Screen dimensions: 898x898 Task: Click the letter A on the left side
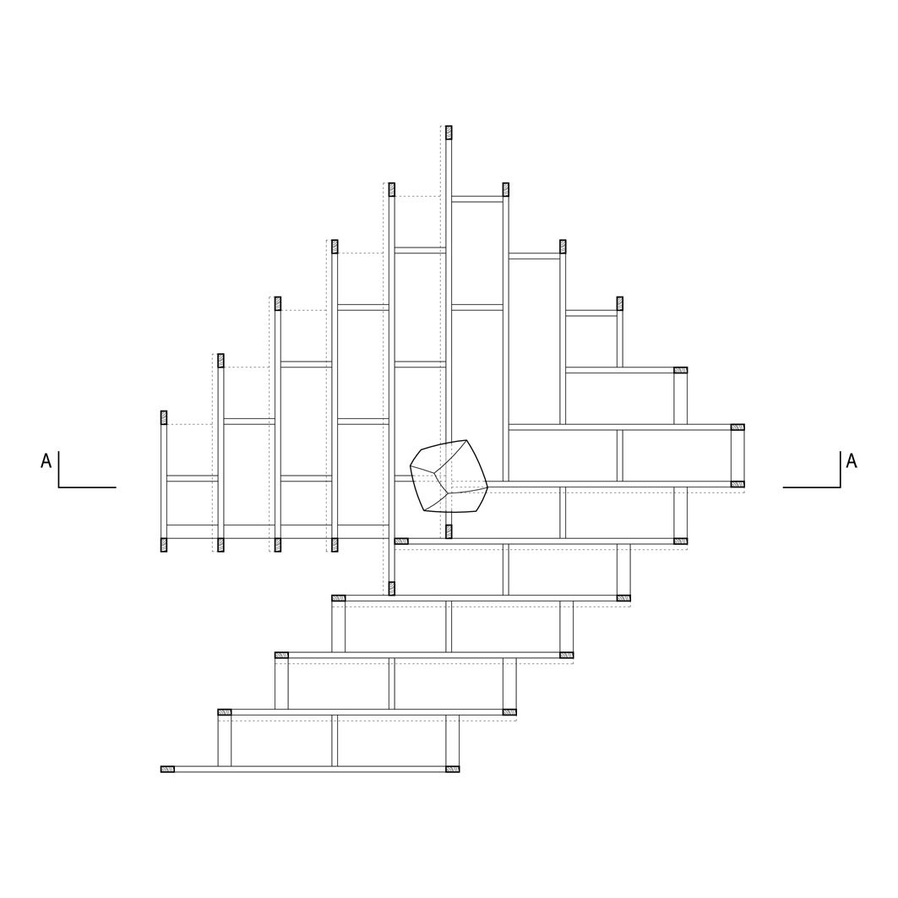click(x=46, y=460)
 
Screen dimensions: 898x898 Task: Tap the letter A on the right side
click(x=852, y=460)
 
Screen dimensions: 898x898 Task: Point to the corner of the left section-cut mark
click(x=59, y=487)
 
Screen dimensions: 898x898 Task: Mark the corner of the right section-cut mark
click(x=841, y=487)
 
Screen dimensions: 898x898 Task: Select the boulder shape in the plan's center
click(x=449, y=476)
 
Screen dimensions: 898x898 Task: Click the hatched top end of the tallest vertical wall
click(x=449, y=133)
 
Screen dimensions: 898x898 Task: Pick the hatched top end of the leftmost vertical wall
click(x=164, y=417)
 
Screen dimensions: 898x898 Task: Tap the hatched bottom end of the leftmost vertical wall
click(x=164, y=545)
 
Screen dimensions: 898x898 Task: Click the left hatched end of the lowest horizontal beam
click(x=167, y=769)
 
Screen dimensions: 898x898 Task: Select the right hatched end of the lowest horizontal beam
click(x=453, y=769)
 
